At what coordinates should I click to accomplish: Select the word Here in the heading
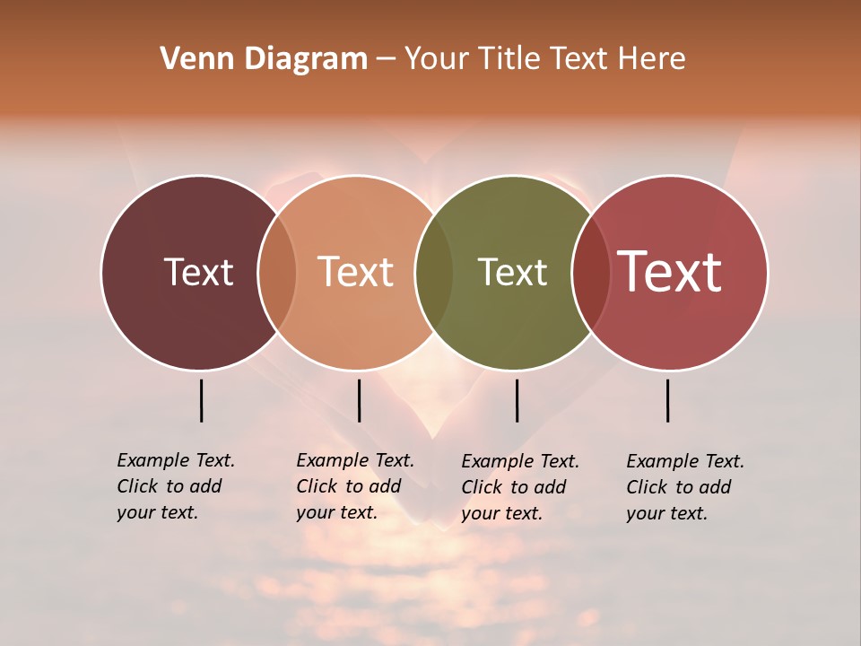click(x=654, y=59)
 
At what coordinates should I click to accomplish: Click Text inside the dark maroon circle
click(x=198, y=272)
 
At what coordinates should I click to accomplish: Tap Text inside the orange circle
click(x=355, y=272)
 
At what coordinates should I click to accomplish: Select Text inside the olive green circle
click(x=512, y=272)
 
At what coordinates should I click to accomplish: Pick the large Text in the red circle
click(x=669, y=272)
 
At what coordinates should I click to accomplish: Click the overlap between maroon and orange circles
click(x=277, y=272)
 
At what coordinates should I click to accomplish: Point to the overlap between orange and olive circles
click(x=434, y=272)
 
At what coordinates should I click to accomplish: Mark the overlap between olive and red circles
click(x=590, y=272)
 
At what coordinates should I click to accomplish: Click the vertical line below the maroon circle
click(x=201, y=400)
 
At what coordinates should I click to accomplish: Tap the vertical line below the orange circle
click(x=359, y=400)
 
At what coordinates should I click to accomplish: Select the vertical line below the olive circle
click(x=517, y=400)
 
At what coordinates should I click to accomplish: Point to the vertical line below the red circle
click(x=668, y=400)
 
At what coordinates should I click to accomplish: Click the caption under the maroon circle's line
click(x=175, y=486)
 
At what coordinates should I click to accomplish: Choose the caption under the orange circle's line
click(x=354, y=486)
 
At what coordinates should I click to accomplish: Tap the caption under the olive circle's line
click(x=519, y=487)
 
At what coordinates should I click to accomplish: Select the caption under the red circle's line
click(x=684, y=487)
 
